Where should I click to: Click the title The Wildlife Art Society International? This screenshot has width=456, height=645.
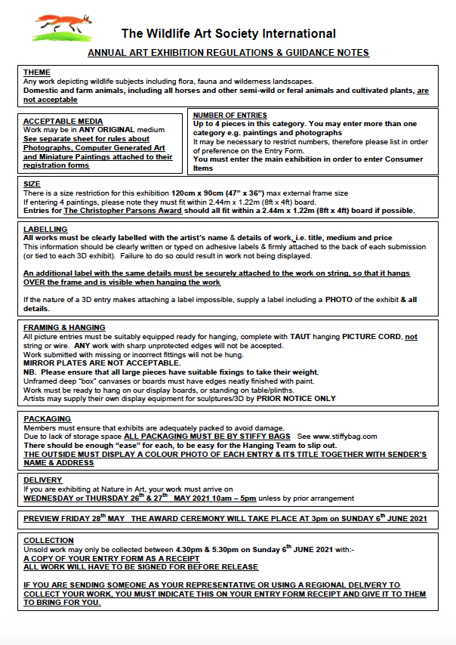point(229,34)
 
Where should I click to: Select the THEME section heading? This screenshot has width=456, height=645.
point(37,73)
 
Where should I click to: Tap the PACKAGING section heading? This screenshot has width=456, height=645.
point(47,418)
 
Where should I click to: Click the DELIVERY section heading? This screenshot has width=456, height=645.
point(42,480)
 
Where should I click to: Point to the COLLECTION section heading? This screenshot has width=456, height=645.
point(49,541)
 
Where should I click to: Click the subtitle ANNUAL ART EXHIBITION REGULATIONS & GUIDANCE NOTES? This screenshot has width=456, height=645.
point(228,53)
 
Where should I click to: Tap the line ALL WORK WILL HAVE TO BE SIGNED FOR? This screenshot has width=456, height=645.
point(140,566)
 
